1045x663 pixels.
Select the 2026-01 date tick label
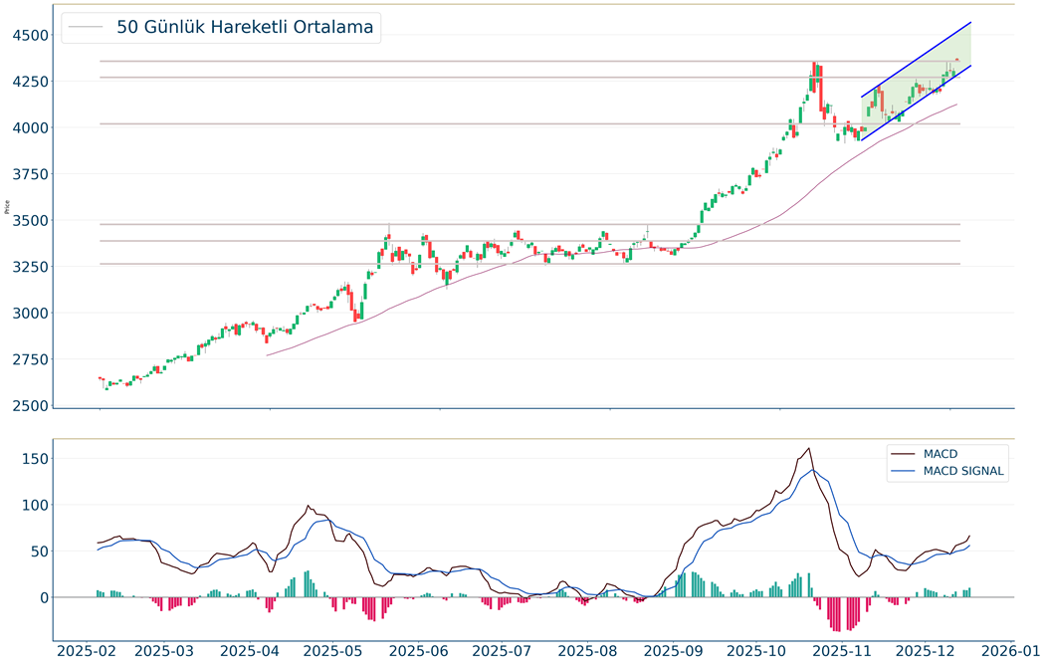click(1009, 651)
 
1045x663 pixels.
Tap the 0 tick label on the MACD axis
click(43, 597)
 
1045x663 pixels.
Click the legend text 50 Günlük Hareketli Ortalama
click(245, 27)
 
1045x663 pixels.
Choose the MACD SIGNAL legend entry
click(963, 472)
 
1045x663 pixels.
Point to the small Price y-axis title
click(7, 208)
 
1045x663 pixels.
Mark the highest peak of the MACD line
click(809, 448)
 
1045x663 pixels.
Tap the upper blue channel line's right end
click(971, 22)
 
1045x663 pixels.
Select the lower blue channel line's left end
click(861, 139)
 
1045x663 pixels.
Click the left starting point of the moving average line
click(266, 355)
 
